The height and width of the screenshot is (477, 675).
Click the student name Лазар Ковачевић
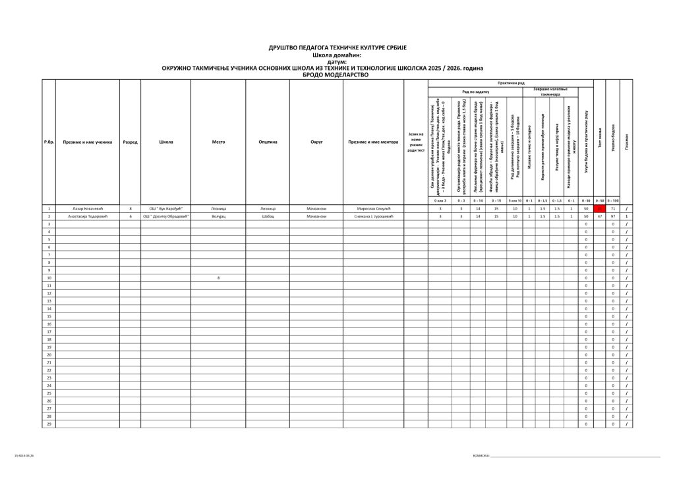87,208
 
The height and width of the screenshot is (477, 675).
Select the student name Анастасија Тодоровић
87,216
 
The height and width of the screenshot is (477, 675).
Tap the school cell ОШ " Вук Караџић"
165,208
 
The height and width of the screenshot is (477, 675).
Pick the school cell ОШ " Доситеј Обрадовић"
165,216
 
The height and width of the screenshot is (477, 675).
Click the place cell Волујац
218,216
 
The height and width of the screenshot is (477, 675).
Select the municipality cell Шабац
267,216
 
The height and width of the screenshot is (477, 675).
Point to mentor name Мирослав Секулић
373,208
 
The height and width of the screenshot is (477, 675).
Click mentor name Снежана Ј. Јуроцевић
373,216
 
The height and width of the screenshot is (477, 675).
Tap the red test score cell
600,208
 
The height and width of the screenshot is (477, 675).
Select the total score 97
613,216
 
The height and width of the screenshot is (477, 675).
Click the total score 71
613,208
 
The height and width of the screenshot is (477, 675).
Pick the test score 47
600,216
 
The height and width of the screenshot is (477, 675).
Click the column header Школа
165,142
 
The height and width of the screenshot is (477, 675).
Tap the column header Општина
267,142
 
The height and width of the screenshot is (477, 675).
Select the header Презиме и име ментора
373,142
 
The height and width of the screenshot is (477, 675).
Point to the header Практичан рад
511,83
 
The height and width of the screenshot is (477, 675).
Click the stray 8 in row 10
218,278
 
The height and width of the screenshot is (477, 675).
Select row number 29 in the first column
49,424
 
